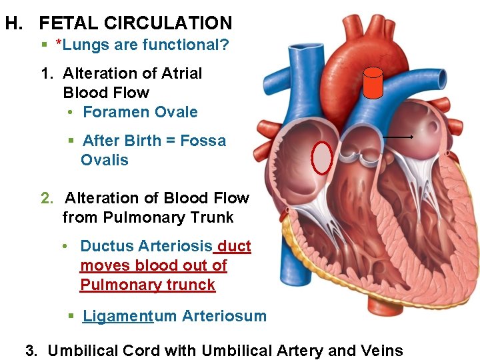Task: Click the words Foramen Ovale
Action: tap(140, 112)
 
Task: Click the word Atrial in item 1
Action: tap(178, 73)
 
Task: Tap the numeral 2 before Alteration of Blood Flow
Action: tap(45, 198)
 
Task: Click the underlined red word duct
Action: tap(234, 246)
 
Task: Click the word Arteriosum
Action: tap(224, 316)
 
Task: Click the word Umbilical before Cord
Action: tap(85, 350)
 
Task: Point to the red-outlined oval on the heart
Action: tap(323, 158)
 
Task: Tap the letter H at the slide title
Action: tap(11, 23)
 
